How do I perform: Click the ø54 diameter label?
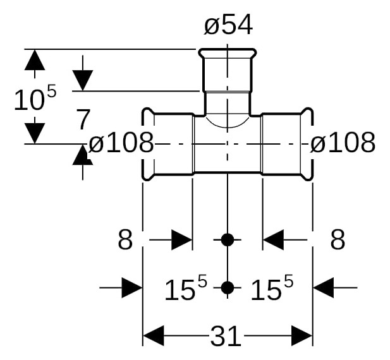point(228,25)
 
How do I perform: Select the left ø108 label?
point(121,142)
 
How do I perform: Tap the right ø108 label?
point(343,142)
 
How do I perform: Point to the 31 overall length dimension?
point(226,336)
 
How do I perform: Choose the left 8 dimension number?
point(125,239)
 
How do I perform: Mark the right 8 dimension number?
point(338,239)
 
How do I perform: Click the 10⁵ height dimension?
point(35,97)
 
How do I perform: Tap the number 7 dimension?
point(83,119)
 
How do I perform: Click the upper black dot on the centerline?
point(228,240)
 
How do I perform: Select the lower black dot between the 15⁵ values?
point(228,288)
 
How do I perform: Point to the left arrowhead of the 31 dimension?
point(154,336)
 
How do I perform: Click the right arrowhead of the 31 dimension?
point(302,336)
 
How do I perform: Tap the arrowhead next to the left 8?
point(182,240)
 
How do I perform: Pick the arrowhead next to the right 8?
point(273,240)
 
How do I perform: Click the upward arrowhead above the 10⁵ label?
point(35,60)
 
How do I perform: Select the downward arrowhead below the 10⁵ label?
point(35,133)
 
